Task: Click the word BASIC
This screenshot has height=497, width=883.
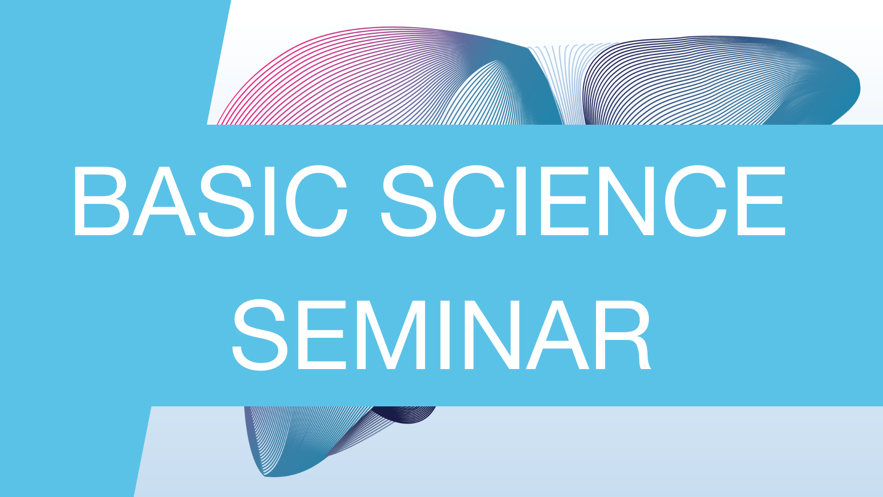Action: (x=210, y=201)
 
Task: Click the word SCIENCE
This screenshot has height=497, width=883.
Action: (x=583, y=201)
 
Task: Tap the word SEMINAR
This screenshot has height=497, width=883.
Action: (x=441, y=335)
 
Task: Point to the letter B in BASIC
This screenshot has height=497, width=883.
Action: (x=101, y=201)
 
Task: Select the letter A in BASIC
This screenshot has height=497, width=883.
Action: (x=164, y=201)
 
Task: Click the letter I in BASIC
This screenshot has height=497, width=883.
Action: (x=270, y=201)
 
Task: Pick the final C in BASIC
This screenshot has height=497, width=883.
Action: (x=316, y=201)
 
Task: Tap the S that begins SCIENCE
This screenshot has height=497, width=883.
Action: (x=408, y=201)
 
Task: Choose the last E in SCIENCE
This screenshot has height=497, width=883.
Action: (x=761, y=201)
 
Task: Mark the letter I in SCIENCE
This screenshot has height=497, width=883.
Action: (x=521, y=201)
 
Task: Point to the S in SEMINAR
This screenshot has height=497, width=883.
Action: (x=260, y=335)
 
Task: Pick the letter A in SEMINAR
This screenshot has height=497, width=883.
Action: (x=557, y=335)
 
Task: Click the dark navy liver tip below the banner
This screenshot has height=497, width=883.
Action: (x=405, y=414)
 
